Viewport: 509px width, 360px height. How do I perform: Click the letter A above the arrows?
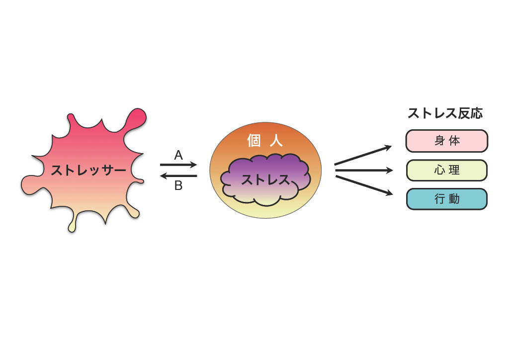pos(178,155)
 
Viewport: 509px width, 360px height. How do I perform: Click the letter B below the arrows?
pos(178,185)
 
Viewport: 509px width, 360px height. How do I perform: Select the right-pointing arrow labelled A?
pos(178,165)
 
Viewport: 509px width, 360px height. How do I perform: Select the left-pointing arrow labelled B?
pos(178,176)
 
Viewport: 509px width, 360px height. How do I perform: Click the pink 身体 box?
pos(447,141)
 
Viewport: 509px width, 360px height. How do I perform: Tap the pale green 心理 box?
pos(447,170)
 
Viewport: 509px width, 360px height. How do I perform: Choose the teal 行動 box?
pos(447,199)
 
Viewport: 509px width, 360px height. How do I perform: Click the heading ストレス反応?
pos(445,113)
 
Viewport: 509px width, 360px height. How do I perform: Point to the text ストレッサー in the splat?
pos(88,170)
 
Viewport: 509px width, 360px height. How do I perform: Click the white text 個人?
pos(265,141)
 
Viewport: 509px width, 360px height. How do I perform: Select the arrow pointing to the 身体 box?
pos(363,156)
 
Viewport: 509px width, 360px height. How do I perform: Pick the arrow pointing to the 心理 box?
pos(364,170)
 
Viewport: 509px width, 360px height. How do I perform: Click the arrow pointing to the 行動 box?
pos(364,185)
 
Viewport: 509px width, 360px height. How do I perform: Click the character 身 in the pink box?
pos(439,141)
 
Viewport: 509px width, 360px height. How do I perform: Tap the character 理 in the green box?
pos(454,170)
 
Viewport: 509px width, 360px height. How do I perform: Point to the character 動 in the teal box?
pos(454,199)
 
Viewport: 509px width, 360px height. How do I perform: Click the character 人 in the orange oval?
pos(276,141)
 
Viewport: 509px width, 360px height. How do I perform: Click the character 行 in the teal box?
pos(439,199)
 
